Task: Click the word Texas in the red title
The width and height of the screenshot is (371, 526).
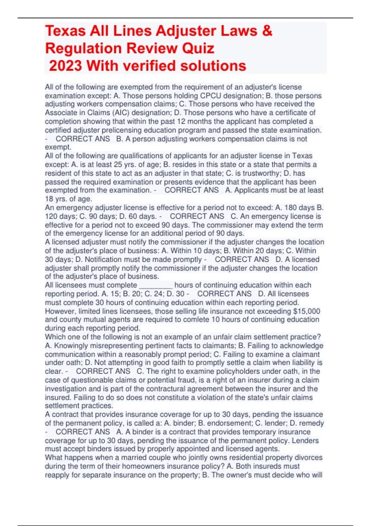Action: tap(65, 31)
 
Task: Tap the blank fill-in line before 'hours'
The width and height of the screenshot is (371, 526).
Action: tap(156, 285)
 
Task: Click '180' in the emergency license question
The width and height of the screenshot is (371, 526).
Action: tap(291, 208)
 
